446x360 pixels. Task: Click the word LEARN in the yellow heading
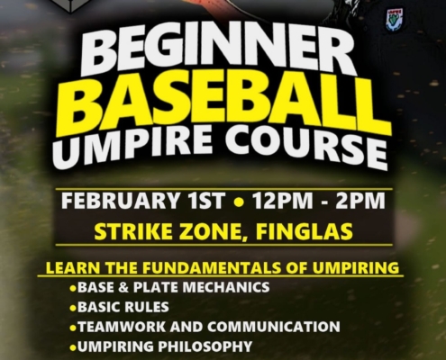(69, 267)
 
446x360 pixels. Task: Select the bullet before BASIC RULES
(73, 307)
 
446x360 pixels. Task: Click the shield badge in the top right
(395, 19)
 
